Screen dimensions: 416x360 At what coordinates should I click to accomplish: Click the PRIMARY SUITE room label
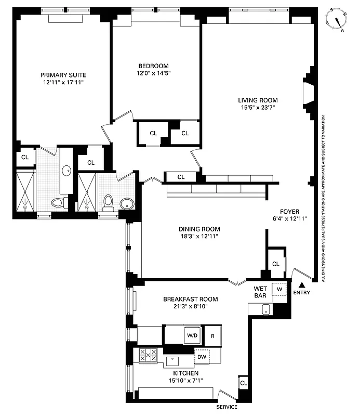pos(63,74)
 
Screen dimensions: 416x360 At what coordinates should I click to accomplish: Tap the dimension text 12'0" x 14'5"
pos(153,73)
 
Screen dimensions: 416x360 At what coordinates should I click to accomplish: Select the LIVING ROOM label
pos(258,100)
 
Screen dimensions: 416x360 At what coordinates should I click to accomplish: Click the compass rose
pos(338,20)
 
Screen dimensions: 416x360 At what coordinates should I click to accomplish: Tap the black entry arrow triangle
pos(303,284)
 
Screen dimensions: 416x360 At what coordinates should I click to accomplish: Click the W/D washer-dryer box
pos(192,335)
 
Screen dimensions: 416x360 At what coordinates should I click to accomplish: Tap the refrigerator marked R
pos(212,335)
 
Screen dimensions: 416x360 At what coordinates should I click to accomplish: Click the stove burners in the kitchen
pos(148,356)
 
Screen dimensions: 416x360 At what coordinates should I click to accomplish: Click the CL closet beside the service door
pos(243,383)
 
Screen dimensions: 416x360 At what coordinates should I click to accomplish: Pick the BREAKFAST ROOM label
pos(190,299)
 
